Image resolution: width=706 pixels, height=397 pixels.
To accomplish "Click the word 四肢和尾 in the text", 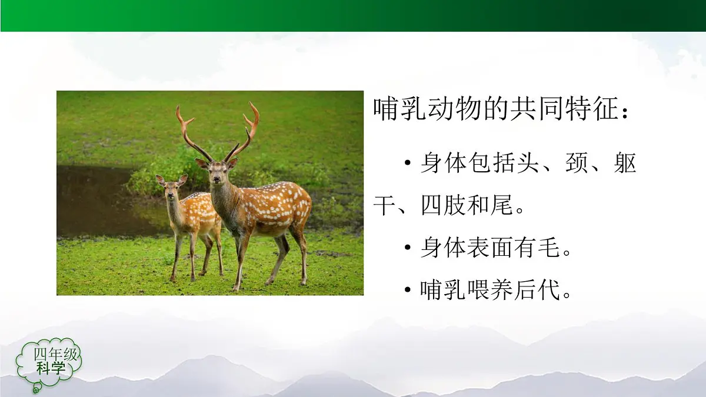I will pyautogui.click(x=468, y=206).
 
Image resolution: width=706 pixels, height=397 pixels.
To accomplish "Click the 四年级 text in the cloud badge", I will pyautogui.click(x=56, y=355).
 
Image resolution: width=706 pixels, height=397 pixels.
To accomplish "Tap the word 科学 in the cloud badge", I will pyautogui.click(x=51, y=369).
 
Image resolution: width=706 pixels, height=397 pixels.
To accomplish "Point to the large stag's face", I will pyautogui.click(x=218, y=173).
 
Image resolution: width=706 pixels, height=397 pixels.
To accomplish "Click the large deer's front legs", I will pyautogui.click(x=240, y=259).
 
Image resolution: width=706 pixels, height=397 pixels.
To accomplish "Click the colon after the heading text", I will pyautogui.click(x=625, y=112).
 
